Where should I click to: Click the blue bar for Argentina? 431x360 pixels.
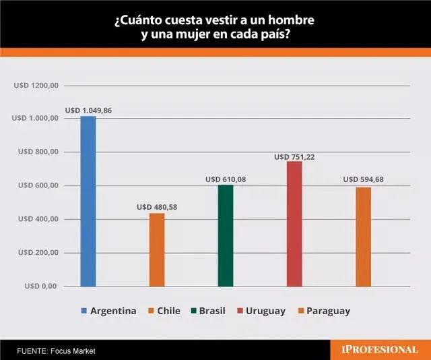(88, 201)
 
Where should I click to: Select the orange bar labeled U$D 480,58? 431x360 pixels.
(157, 249)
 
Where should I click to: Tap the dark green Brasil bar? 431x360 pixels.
(226, 235)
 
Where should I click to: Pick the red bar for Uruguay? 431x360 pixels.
(294, 224)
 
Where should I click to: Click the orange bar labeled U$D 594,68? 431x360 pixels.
(363, 237)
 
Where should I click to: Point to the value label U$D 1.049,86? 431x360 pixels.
(88, 110)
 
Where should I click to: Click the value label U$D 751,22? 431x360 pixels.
(294, 156)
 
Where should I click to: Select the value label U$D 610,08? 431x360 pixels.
(226, 179)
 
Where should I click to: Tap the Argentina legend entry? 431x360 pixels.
(108, 311)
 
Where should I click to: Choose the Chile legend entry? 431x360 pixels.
(166, 311)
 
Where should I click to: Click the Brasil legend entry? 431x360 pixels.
(209, 311)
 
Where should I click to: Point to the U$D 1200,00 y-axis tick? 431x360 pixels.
(36, 86)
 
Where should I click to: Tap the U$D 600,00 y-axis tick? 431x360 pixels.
(38, 186)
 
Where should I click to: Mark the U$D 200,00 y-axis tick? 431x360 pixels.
(38, 253)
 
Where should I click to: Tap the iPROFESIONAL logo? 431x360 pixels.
(379, 349)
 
